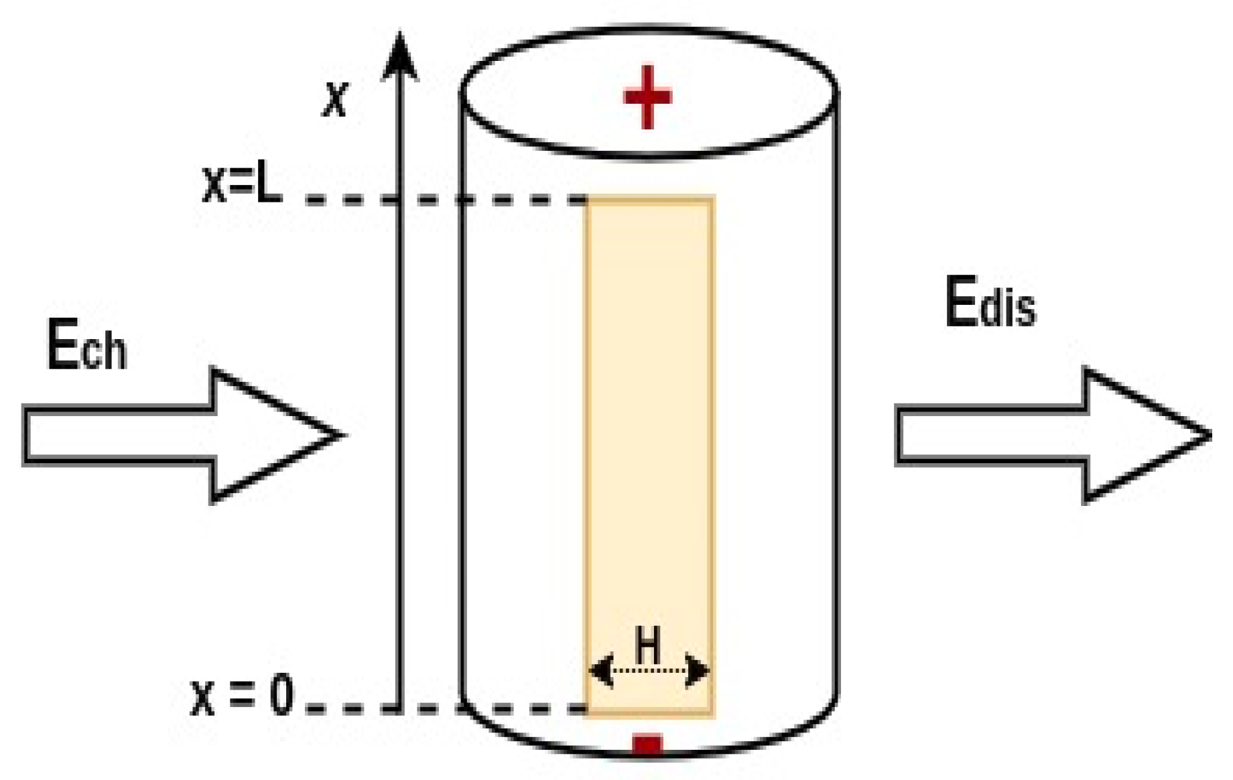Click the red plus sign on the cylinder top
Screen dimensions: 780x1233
point(647,96)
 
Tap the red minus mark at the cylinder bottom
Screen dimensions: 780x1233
point(647,745)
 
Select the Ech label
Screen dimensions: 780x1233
point(86,346)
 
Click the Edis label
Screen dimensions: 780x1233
point(990,303)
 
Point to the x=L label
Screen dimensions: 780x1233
point(242,184)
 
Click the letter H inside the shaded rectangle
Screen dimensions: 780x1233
point(648,645)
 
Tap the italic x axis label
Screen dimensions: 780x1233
point(335,99)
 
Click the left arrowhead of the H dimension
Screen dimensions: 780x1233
point(601,670)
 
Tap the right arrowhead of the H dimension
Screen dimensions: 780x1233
point(698,670)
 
